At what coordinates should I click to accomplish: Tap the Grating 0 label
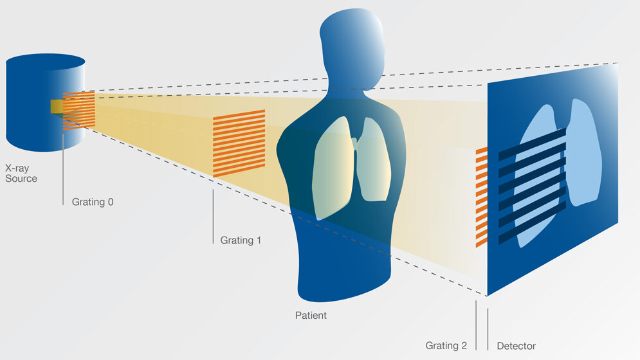(x=92, y=202)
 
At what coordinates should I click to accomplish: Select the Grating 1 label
(x=241, y=240)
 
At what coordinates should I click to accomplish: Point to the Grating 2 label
(x=446, y=346)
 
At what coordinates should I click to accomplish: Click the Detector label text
(x=516, y=346)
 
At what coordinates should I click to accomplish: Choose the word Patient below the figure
(x=311, y=316)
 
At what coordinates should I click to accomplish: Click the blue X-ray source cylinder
(x=32, y=109)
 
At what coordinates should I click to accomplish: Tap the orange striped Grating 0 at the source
(x=79, y=109)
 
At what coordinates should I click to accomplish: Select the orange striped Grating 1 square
(x=239, y=143)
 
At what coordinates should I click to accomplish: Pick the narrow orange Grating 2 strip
(x=481, y=197)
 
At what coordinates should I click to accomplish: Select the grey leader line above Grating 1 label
(x=213, y=215)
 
